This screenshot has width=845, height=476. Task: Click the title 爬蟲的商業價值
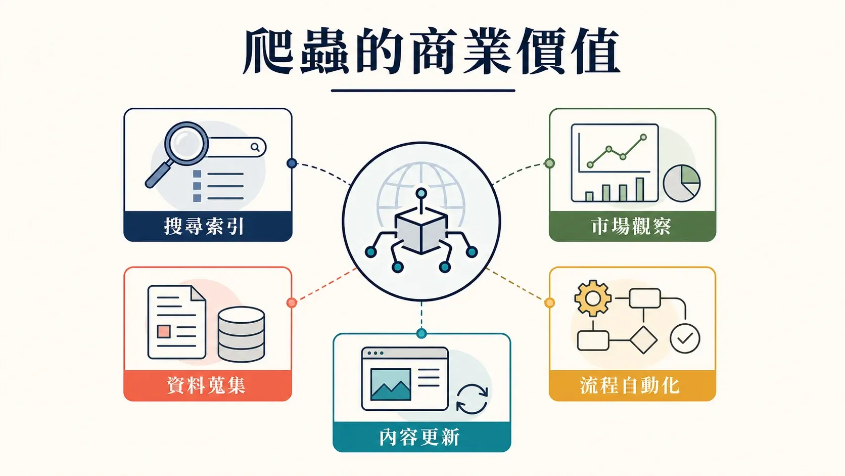click(432, 51)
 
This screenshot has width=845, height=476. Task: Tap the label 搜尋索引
click(204, 227)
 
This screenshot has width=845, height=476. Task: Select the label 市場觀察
click(632, 227)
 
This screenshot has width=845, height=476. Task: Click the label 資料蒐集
click(206, 385)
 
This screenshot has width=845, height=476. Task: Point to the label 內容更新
click(420, 437)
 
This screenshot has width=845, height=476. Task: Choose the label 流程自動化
click(630, 385)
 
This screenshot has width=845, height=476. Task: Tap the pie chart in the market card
click(682, 183)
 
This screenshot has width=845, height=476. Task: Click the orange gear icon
click(593, 298)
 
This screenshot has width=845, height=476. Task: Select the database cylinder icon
click(242, 334)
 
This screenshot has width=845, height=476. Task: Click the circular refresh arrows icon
click(472, 399)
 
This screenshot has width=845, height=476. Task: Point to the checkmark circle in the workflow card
click(685, 338)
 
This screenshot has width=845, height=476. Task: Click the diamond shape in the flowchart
click(643, 340)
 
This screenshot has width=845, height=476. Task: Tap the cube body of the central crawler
click(421, 231)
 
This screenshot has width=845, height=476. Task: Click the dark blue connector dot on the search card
click(292, 163)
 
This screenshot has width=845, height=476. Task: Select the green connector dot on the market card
click(550, 163)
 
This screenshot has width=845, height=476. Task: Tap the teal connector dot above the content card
click(421, 333)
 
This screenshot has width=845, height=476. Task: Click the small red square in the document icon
click(164, 332)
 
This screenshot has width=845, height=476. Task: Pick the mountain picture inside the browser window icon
click(391, 384)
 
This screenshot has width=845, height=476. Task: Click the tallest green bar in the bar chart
click(640, 190)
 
